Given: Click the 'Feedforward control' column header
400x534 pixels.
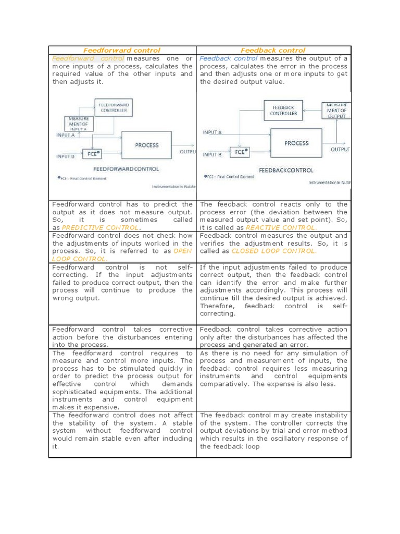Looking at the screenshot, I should coord(122,50).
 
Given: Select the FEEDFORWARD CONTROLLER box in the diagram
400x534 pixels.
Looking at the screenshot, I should coord(114,108).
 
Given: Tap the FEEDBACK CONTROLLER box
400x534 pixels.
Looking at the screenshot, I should coord(284,110).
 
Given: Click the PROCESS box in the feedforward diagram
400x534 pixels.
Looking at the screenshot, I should coord(146,145).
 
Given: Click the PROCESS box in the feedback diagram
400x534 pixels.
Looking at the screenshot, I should coord(296,143).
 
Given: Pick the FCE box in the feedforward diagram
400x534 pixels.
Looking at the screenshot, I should coord(93,155).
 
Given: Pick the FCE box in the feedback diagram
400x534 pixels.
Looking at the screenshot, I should coord(240,152).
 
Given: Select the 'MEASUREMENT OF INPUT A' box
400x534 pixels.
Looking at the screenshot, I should coord(78,124).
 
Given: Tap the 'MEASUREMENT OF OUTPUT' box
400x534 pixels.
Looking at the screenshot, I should coord(336,111).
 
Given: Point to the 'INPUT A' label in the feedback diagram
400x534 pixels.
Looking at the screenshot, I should coord(212,132).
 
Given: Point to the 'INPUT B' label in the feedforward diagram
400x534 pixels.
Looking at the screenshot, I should coord(65,155).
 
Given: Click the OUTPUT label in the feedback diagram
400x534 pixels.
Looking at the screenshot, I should coord(340,149).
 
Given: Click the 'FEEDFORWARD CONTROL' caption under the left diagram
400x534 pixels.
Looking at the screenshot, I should coord(126,169).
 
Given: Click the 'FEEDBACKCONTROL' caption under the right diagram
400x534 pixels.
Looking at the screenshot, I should coord(286,170).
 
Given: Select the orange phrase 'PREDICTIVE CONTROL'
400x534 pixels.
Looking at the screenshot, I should coord(100,228).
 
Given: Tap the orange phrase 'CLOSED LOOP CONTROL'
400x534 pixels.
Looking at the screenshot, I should coord(273,251).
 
